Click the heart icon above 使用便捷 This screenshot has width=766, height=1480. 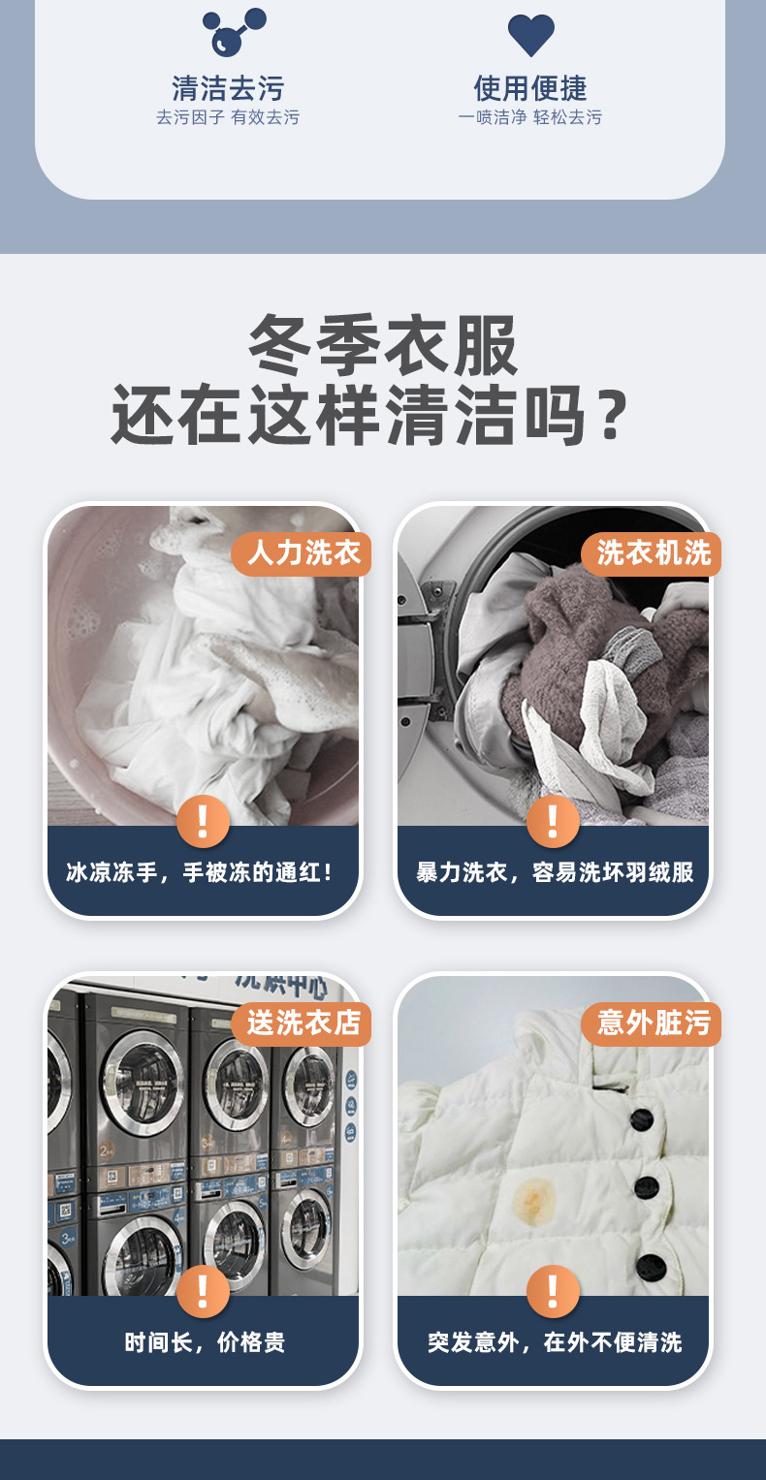(x=531, y=35)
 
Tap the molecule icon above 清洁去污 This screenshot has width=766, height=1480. (x=233, y=32)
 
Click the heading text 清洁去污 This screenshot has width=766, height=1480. (x=228, y=88)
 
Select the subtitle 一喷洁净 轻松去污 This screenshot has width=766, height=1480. (x=530, y=117)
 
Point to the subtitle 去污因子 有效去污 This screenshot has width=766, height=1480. (x=228, y=117)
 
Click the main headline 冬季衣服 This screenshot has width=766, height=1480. (x=384, y=345)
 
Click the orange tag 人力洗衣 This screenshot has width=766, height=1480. (x=303, y=553)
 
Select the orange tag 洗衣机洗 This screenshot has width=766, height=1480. (x=653, y=553)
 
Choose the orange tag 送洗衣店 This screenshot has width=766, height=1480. (x=303, y=1023)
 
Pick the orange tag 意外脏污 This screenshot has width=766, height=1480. (x=653, y=1023)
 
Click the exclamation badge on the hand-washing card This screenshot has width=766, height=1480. (x=203, y=821)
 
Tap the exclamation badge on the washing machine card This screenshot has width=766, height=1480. (x=553, y=821)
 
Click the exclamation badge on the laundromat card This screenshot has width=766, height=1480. (x=203, y=1291)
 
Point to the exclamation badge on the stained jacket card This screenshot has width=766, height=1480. (x=553, y=1291)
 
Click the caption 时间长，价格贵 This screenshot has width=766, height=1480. (x=204, y=1342)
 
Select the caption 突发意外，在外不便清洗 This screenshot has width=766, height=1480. (x=555, y=1342)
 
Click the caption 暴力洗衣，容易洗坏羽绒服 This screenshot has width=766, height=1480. (x=555, y=872)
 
